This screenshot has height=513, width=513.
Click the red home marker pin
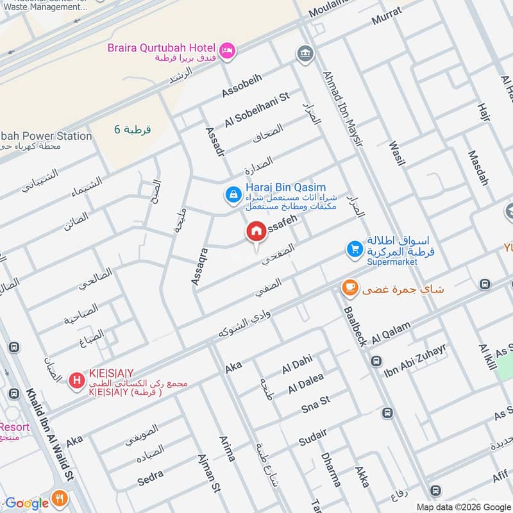point(256,231)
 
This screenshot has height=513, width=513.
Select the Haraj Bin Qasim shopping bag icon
point(232,193)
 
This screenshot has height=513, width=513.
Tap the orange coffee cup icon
point(349,289)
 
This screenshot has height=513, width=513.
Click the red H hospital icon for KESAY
point(76,382)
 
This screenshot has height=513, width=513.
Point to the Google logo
point(26,503)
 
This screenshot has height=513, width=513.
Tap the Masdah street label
point(478,168)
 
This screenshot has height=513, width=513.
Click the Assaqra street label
point(199,265)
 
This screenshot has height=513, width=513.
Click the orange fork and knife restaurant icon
point(60,498)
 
